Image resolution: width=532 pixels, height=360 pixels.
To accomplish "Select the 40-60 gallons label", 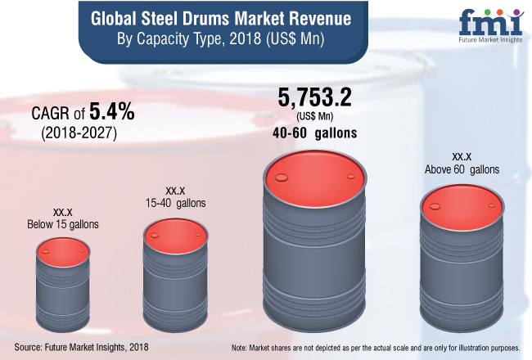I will tap(316, 133).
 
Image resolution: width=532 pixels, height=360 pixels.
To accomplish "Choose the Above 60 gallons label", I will tap(462, 169).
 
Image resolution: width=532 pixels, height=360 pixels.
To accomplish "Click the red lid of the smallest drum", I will tap(58, 250).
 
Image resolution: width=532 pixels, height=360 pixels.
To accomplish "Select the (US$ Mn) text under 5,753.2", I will tap(316, 117).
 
